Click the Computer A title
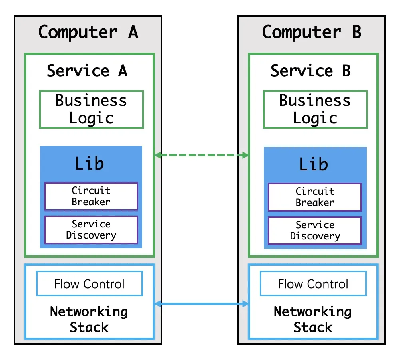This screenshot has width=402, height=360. point(88,32)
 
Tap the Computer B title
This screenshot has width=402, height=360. point(312,32)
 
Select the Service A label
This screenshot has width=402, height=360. point(87,71)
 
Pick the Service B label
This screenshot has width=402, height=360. point(310,71)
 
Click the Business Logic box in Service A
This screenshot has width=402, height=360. point(91,109)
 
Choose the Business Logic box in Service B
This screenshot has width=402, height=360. point(315,109)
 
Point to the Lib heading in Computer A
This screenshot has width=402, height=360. point(90,164)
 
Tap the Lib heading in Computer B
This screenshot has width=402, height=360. point(314,164)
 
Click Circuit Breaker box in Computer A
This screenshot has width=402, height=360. point(91,196)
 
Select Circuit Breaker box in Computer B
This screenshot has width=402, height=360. point(315,197)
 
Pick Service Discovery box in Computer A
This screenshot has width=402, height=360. point(91,229)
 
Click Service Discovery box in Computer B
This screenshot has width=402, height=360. point(315,230)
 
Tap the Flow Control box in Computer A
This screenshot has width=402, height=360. point(90,284)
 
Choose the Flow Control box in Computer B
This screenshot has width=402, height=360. point(313,284)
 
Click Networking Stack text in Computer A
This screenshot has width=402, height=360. point(89,319)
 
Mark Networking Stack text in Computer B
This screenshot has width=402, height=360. point(313,319)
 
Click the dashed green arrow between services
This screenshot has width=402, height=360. point(201,155)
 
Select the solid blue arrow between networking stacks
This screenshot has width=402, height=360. point(201,304)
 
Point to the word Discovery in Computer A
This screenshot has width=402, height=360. point(91,235)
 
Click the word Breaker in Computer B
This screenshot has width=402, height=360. point(315,202)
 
